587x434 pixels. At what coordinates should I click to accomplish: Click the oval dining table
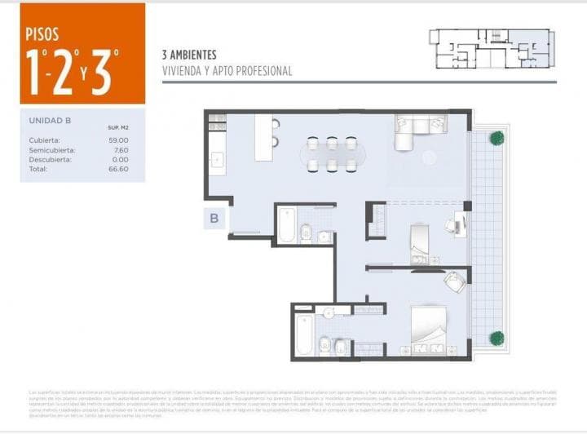coord(331,154)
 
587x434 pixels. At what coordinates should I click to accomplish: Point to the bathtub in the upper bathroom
coord(287,226)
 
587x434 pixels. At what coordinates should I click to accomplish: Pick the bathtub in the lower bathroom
coord(304,334)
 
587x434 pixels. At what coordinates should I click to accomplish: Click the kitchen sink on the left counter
coord(217,160)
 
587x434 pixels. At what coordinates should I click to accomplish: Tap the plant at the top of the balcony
coord(496,138)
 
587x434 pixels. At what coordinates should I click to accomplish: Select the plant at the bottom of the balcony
coord(496,338)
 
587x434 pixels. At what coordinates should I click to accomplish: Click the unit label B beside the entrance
coord(214,218)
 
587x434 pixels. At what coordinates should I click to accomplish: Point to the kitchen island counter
coord(263,137)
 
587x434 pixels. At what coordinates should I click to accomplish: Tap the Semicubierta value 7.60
coord(121,149)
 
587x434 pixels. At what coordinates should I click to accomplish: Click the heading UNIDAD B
coord(51,120)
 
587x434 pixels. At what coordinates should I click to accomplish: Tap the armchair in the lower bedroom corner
coord(453,281)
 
